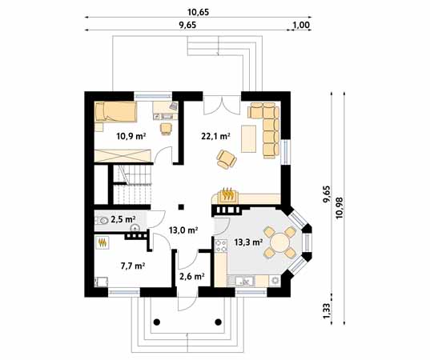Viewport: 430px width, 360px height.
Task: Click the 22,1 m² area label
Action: (215, 136)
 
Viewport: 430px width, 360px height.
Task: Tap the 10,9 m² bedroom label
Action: (131, 136)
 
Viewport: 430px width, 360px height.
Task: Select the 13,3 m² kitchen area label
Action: (249, 242)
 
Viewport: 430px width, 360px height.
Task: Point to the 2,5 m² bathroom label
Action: (123, 219)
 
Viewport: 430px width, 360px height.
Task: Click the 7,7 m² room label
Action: (133, 266)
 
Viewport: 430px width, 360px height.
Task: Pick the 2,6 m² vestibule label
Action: (192, 277)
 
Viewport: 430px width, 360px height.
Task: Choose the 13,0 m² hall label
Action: (183, 230)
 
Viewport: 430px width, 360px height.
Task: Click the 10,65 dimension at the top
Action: (198, 12)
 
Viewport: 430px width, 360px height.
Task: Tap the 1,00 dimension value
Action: (301, 25)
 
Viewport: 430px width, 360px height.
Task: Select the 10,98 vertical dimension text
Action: (340, 208)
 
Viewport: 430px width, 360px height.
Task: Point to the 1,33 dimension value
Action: (328, 310)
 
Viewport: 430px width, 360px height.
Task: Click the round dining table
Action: (279, 242)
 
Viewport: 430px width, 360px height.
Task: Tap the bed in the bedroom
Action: (115, 111)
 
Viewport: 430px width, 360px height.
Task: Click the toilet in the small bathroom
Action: (102, 221)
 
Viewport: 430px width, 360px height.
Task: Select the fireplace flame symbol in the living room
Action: (228, 194)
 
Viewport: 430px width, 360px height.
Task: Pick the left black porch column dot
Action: (157, 322)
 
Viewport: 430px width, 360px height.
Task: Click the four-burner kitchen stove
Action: (221, 246)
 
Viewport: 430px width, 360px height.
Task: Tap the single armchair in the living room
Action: (227, 159)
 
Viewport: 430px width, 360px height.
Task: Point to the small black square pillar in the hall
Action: (181, 207)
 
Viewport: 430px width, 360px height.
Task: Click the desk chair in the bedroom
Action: (167, 129)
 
